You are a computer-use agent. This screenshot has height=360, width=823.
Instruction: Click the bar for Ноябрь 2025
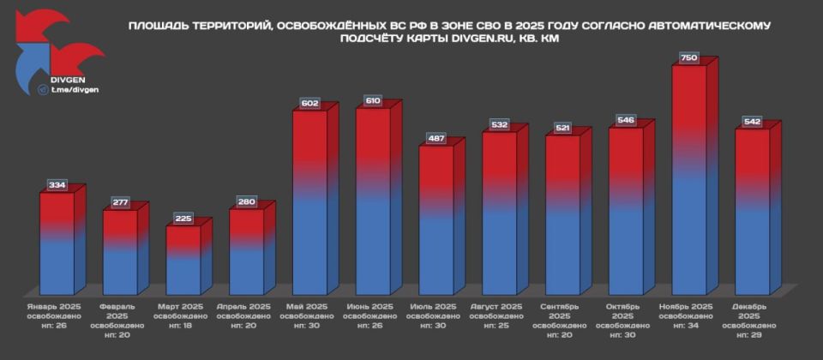coord(688,180)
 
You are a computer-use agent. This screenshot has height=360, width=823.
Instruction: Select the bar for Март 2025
coord(183,261)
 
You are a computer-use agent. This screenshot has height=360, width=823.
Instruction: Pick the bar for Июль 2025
coord(436,220)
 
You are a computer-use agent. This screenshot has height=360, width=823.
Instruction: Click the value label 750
coord(688,57)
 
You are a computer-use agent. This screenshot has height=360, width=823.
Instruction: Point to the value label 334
coord(57,185)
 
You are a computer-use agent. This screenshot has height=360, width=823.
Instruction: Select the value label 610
coord(373,100)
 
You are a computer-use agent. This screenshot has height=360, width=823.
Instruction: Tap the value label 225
coord(183,218)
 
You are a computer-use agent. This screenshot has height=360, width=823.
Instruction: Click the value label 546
coord(626,120)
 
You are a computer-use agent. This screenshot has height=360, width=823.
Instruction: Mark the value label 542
coord(752,122)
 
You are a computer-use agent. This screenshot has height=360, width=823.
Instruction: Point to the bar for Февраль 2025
coord(120,252)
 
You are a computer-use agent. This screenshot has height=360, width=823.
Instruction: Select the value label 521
coord(562,128)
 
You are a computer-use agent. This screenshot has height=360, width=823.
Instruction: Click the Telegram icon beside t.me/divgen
coord(42,89)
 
